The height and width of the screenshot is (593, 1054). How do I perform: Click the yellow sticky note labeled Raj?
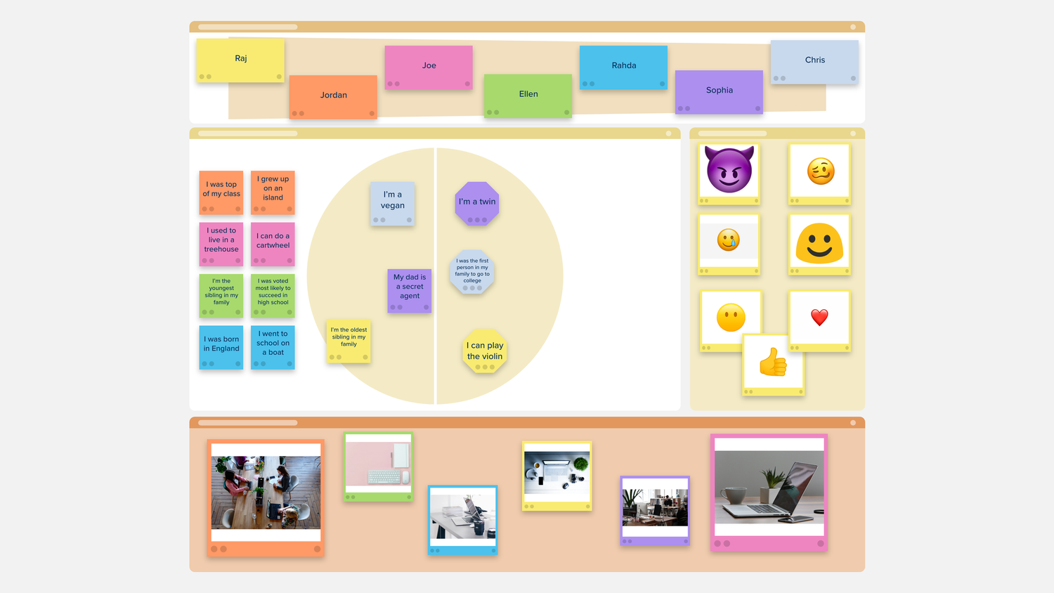tap(240, 59)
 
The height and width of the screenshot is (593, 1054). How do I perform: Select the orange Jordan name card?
tap(333, 96)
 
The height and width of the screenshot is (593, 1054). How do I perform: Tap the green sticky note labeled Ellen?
tap(528, 94)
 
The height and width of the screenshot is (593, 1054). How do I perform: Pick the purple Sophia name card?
tap(719, 91)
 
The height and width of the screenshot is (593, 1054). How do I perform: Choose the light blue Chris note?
tap(814, 60)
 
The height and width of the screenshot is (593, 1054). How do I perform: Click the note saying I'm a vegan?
tap(392, 202)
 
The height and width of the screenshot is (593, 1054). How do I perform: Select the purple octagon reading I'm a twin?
tap(477, 202)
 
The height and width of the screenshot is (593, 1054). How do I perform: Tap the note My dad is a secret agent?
tap(410, 288)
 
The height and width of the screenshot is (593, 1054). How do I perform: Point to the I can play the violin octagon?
tap(485, 351)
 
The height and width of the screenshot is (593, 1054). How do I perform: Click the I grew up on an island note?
tap(273, 190)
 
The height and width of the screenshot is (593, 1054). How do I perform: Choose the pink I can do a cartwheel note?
tap(273, 242)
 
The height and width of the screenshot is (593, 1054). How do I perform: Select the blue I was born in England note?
tap(221, 345)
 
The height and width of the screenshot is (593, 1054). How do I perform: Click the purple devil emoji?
tap(729, 169)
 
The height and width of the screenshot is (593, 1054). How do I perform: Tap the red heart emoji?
tap(819, 318)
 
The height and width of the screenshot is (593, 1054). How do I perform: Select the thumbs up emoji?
tap(773, 363)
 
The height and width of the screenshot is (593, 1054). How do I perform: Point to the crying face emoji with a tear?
tap(729, 240)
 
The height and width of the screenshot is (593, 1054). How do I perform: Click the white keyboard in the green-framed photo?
tap(384, 477)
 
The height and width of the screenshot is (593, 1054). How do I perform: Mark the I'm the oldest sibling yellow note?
tap(349, 339)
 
